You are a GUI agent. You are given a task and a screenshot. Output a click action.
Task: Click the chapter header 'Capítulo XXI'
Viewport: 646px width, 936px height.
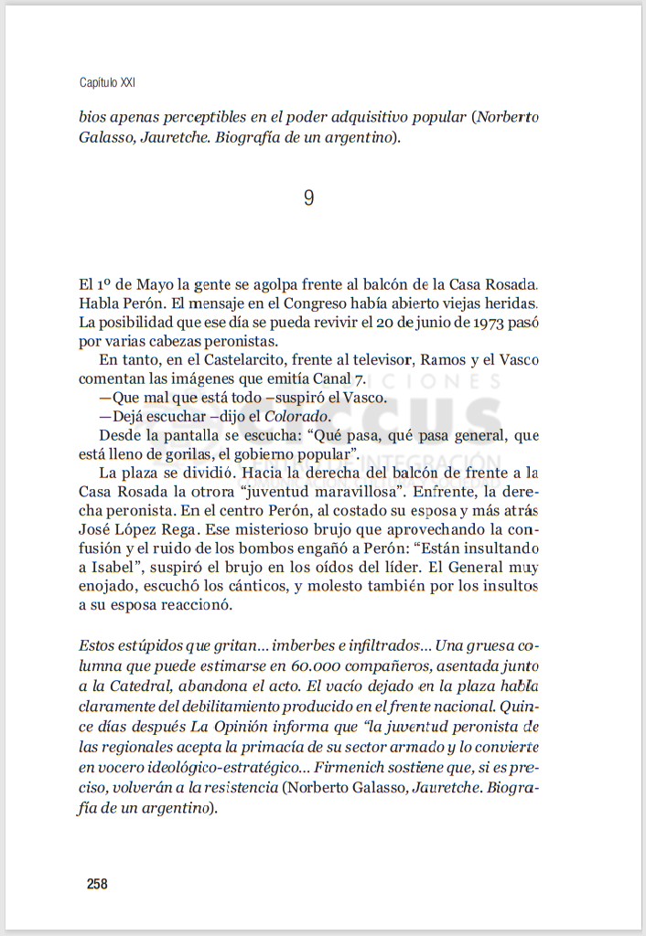(108, 82)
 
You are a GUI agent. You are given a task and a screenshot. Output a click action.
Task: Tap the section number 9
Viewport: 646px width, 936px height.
(308, 197)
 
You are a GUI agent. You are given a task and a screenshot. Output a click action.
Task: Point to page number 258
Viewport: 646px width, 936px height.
(97, 884)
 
